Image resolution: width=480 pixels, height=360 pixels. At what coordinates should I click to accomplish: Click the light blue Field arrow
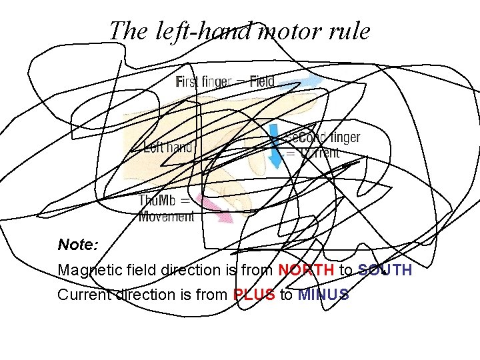click(299, 83)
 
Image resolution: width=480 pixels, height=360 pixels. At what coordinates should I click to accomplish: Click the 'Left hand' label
click(168, 147)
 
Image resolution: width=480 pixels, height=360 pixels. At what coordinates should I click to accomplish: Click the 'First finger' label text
click(204, 83)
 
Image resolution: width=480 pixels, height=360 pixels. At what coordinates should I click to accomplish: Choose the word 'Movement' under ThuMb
click(166, 216)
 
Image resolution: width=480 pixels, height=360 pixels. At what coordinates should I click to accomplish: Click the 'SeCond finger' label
click(322, 138)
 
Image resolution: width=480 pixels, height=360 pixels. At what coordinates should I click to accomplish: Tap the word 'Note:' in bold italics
click(78, 245)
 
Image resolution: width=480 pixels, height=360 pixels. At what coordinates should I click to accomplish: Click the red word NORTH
click(306, 270)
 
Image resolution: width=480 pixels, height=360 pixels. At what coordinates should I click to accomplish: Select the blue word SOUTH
click(385, 270)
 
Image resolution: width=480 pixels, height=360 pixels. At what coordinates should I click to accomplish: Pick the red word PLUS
click(254, 295)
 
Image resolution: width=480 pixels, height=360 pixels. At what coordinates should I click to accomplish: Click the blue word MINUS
click(323, 295)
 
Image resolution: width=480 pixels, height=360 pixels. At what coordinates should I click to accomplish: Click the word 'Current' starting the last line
click(84, 295)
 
